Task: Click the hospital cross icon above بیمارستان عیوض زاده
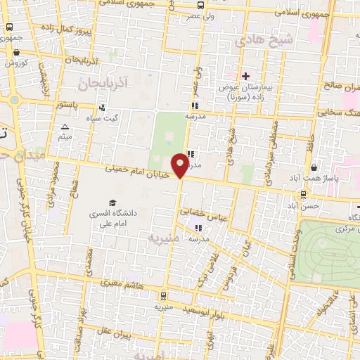[245, 76]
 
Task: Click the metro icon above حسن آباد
[303, 194]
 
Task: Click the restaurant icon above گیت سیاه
[102, 108]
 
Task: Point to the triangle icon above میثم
[65, 127]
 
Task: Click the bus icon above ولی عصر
[201, 4]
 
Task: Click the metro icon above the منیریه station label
[163, 295]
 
